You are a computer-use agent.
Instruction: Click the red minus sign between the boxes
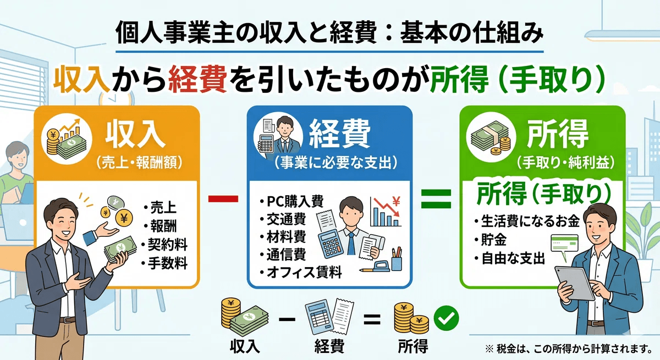[223, 199]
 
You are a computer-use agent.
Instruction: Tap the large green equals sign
[436, 199]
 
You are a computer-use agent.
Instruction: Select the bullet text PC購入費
[295, 201]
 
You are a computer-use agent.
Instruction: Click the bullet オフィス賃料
[304, 272]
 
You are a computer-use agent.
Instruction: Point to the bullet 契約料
[168, 245]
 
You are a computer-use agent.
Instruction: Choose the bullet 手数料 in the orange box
[168, 263]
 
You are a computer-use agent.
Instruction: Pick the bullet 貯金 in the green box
[493, 240]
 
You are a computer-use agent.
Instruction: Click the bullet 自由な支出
[513, 258]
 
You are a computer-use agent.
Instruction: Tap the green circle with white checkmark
[446, 318]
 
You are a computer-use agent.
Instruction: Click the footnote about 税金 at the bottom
[568, 348]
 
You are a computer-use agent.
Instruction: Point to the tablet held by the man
[574, 283]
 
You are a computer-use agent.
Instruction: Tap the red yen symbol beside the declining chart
[396, 202]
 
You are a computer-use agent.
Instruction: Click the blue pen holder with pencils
[397, 261]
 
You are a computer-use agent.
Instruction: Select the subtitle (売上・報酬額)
[139, 162]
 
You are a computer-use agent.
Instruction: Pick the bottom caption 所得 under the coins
[413, 346]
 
